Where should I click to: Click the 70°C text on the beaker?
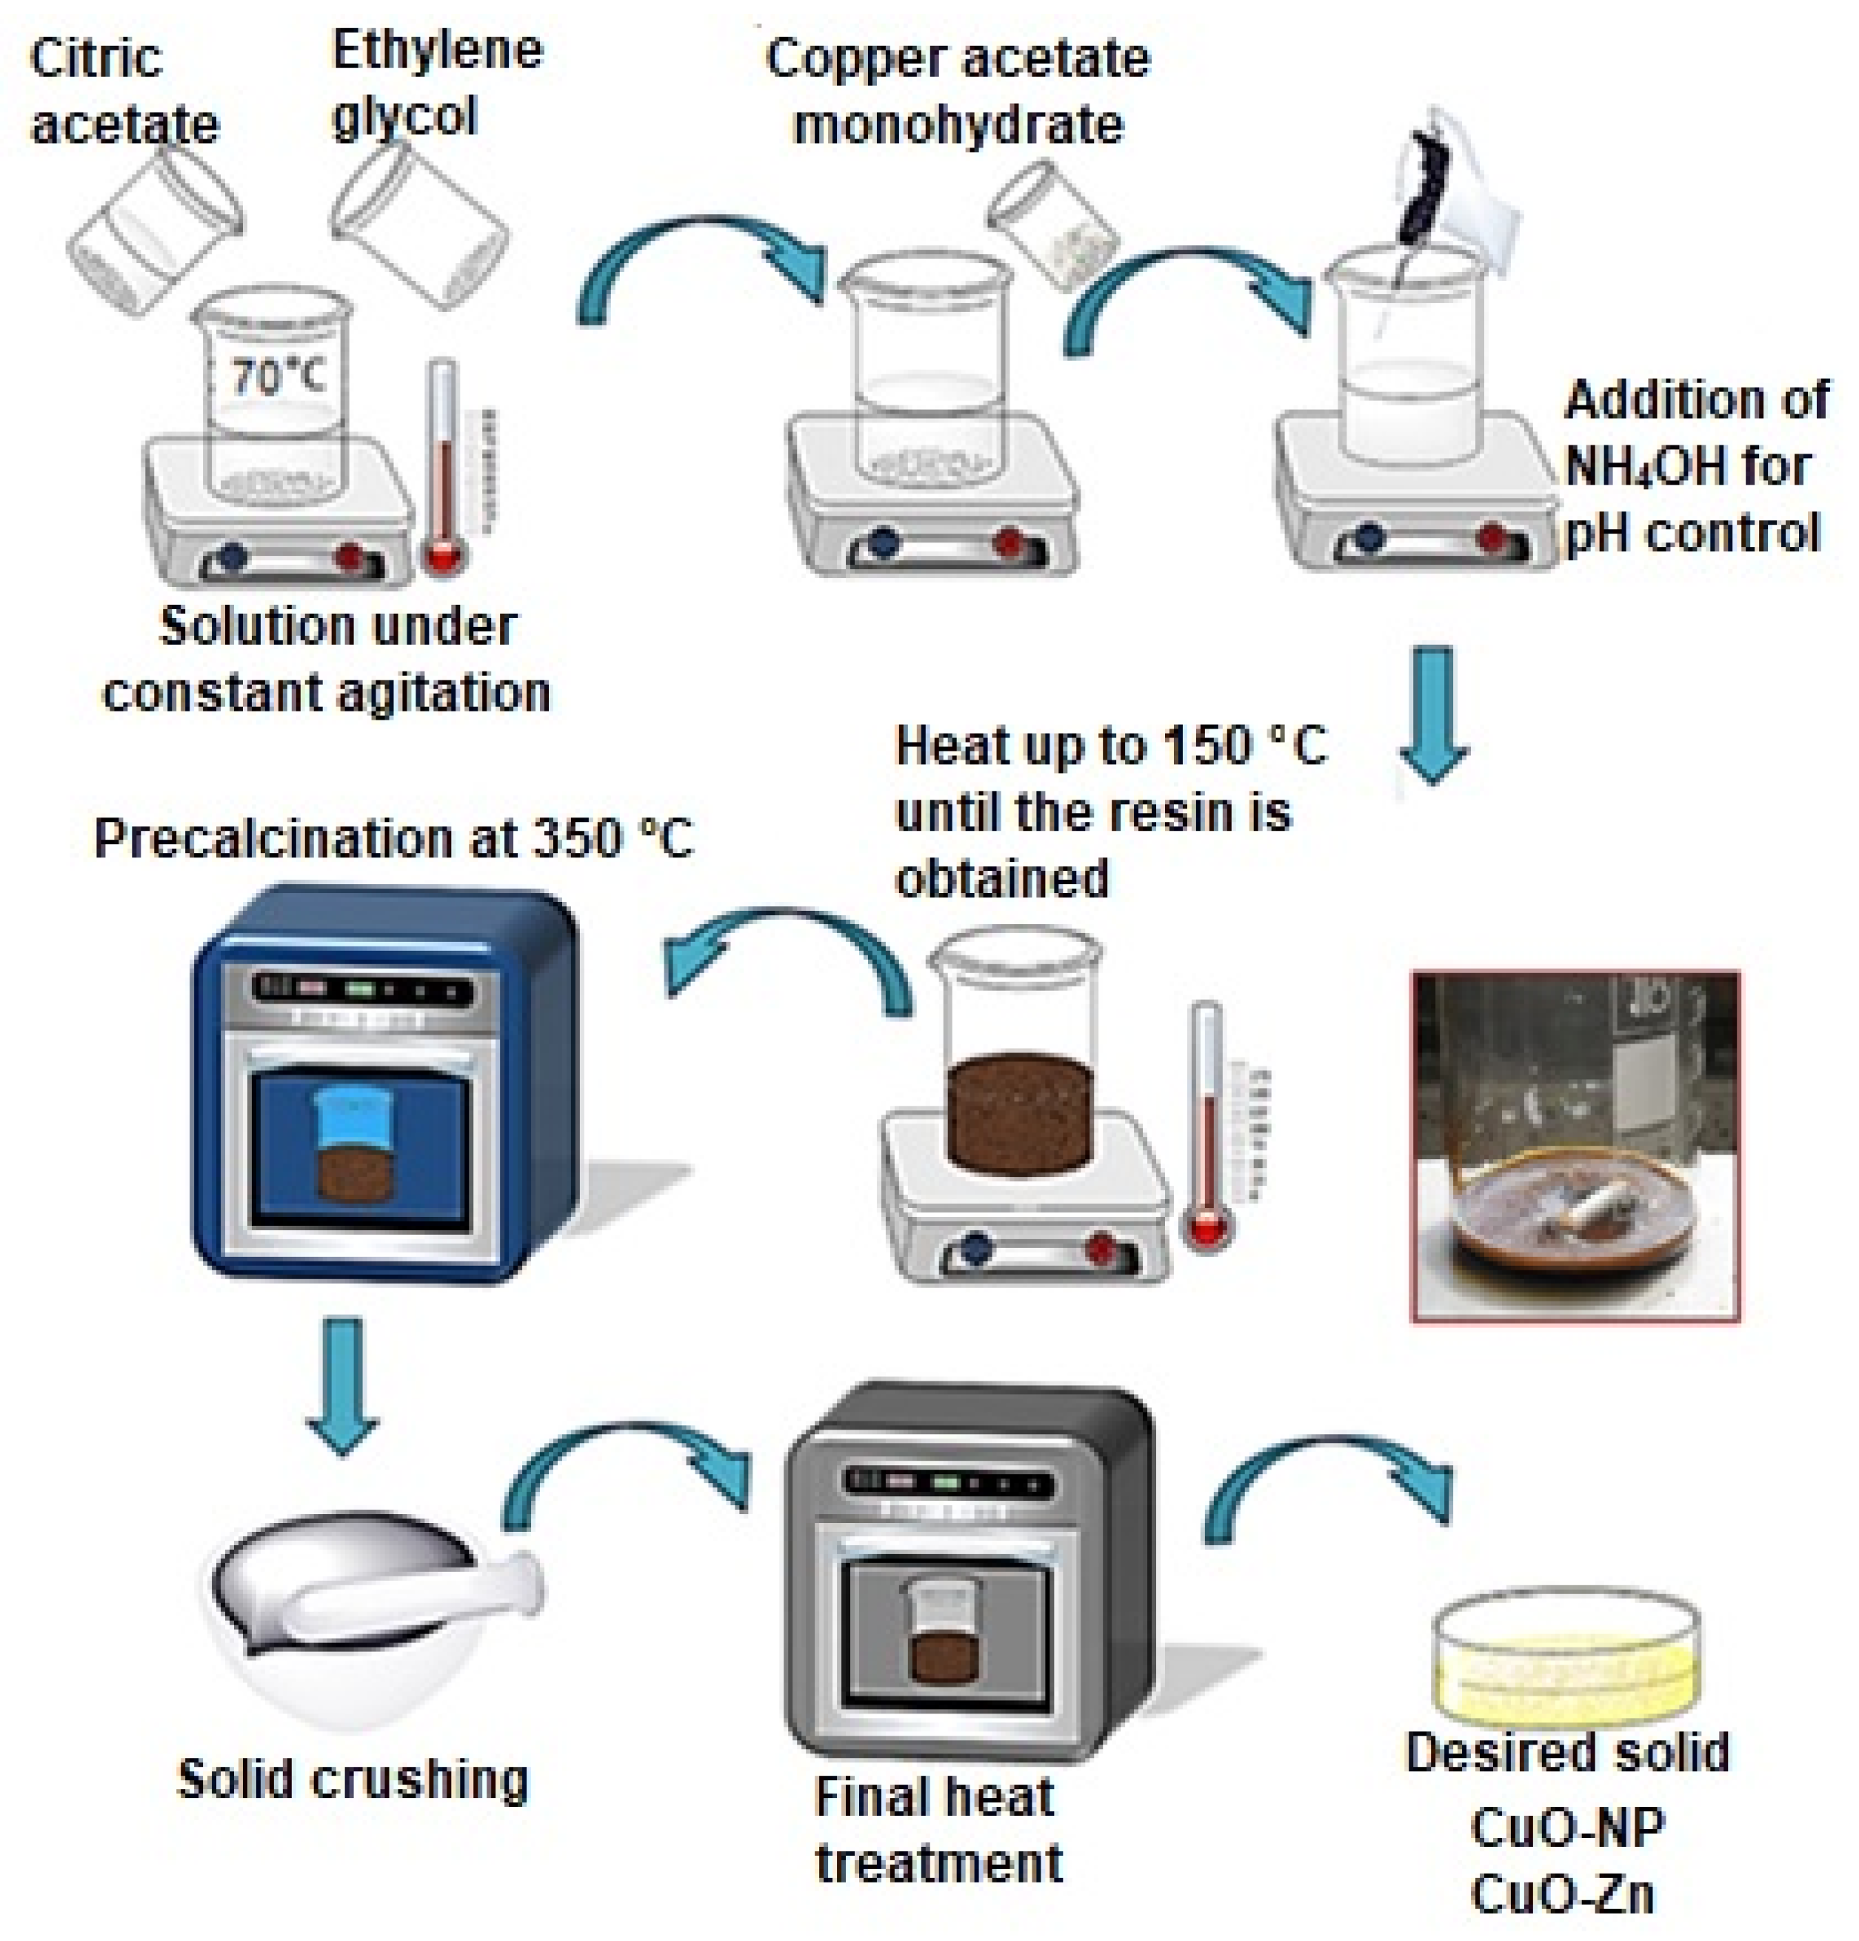pyautogui.click(x=276, y=376)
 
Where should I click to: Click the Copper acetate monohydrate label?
pyautogui.click(x=957, y=91)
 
